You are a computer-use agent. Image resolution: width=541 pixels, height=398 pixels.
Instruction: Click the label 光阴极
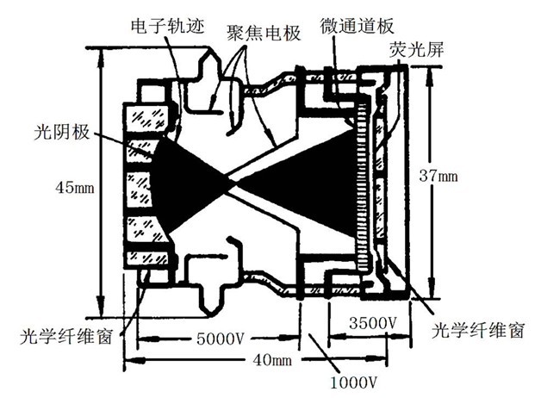pos(63,135)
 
